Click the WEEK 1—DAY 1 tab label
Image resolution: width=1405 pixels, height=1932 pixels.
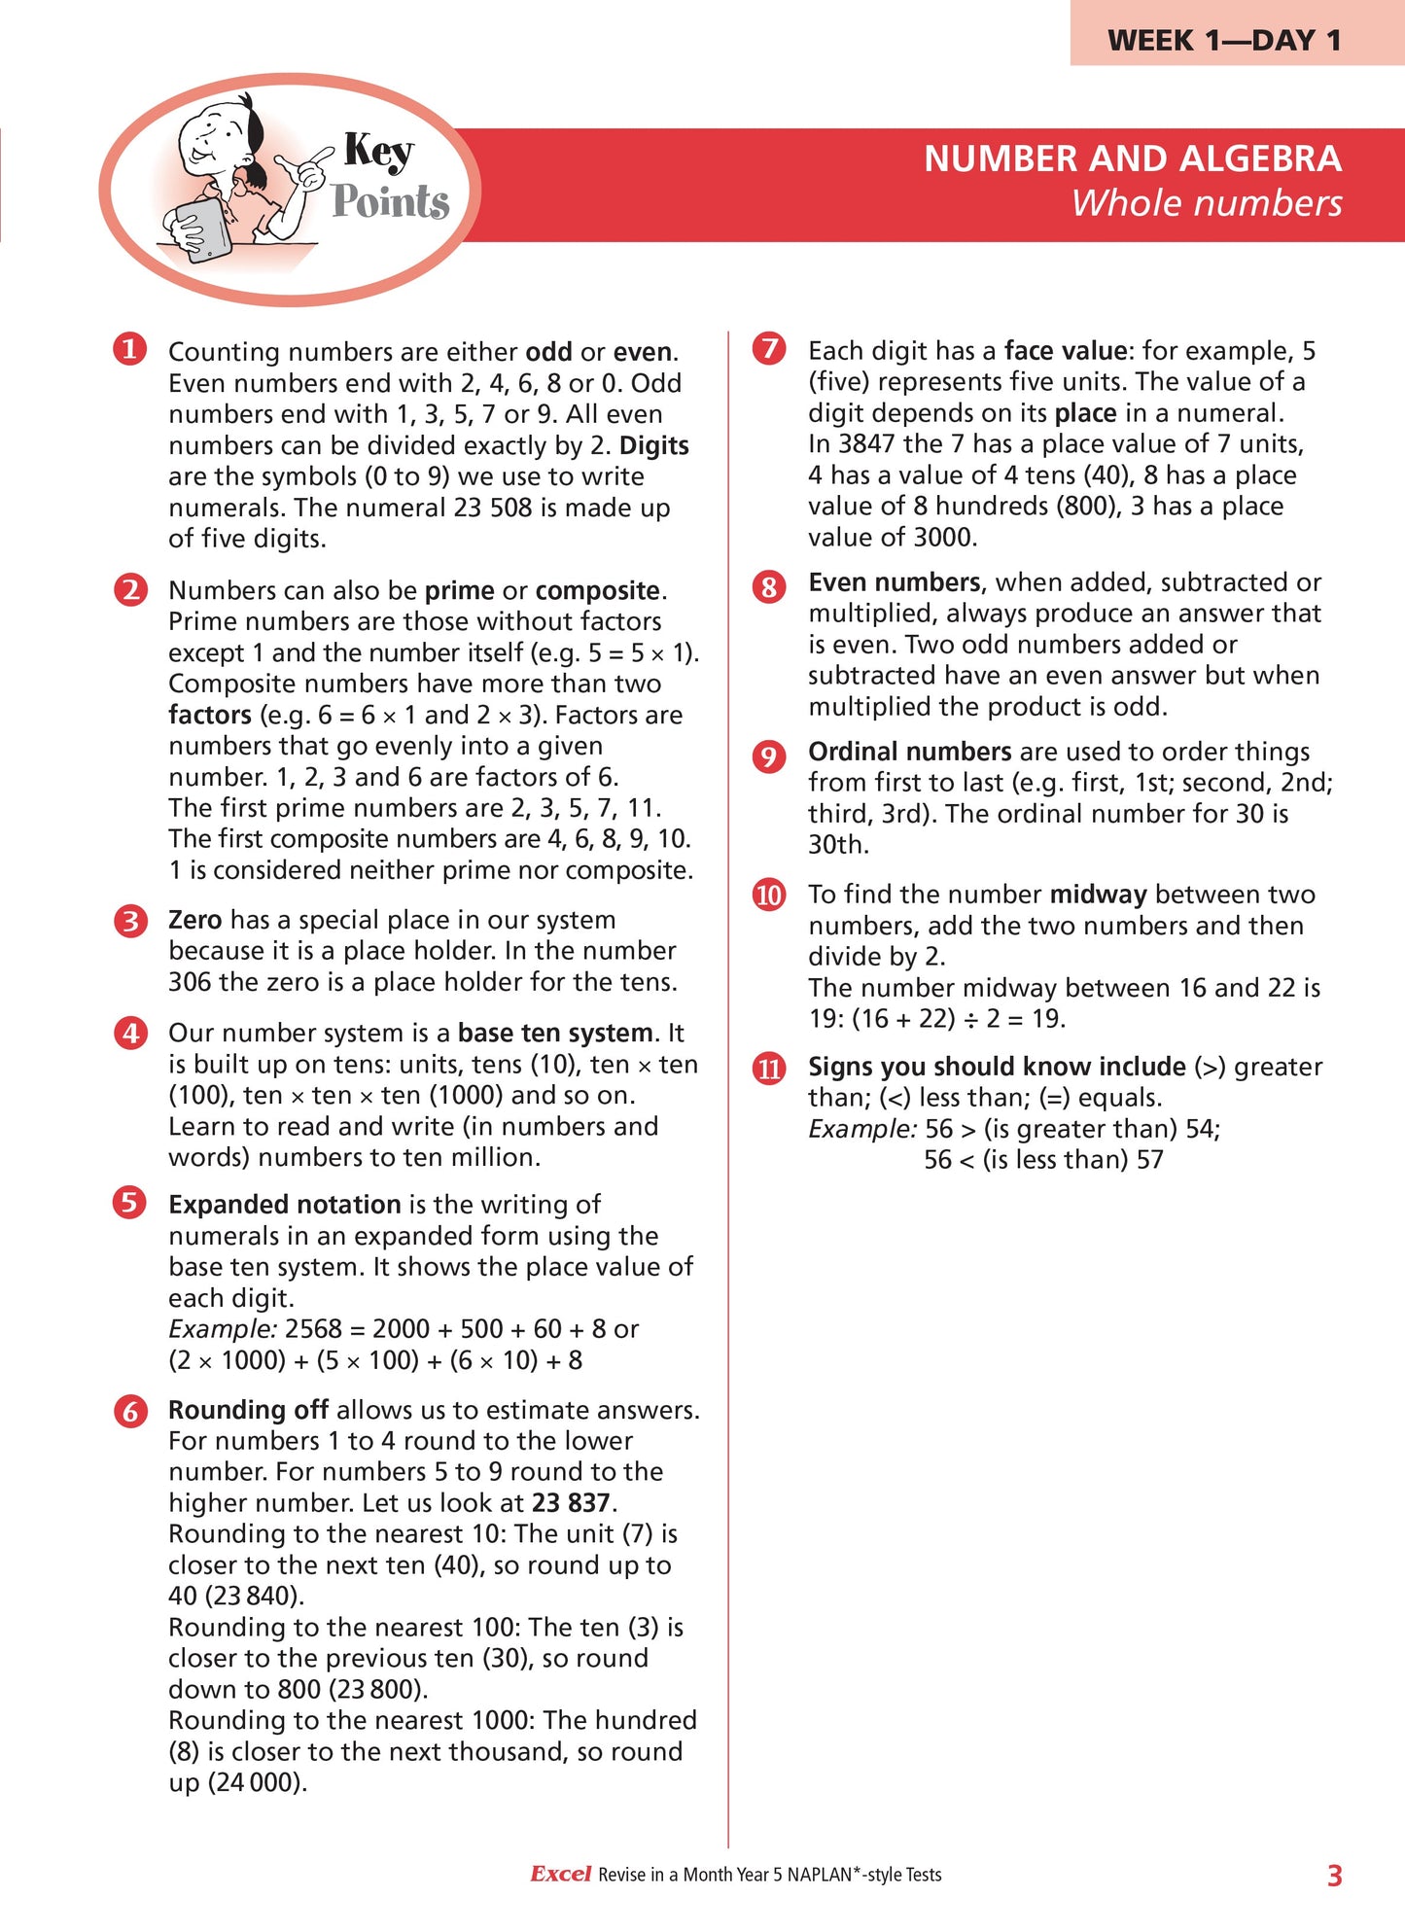[x=1224, y=40]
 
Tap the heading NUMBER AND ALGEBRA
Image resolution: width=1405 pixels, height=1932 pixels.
[x=1132, y=158]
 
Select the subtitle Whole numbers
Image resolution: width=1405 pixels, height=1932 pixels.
[x=1206, y=203]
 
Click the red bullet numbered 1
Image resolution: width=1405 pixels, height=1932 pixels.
[x=129, y=348]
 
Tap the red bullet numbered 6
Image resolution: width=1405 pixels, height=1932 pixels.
[x=129, y=1410]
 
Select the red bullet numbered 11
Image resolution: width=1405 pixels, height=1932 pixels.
[x=769, y=1069]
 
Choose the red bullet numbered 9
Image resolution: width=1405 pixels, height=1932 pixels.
[x=769, y=755]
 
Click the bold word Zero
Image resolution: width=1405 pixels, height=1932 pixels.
[x=194, y=920]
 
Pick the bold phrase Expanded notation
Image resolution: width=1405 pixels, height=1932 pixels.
[x=284, y=1205]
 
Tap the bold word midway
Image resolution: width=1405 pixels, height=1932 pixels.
[x=1099, y=895]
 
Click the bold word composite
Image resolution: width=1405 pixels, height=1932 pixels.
[x=597, y=591]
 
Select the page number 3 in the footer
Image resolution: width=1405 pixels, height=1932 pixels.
[x=1334, y=1876]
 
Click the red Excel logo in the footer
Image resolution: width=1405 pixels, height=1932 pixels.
[x=560, y=1874]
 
